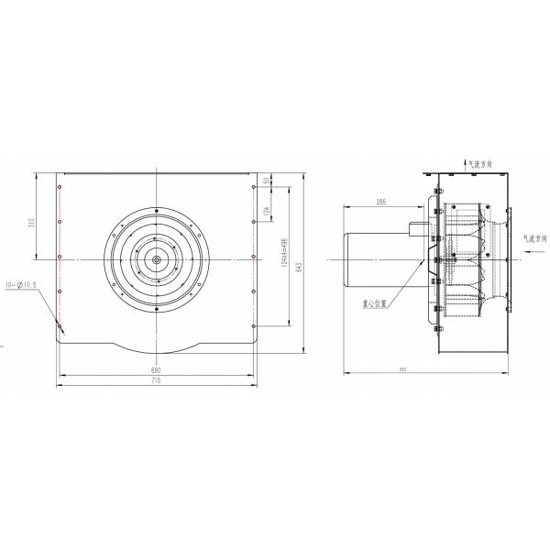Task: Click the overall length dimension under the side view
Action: pyautogui.click(x=427, y=368)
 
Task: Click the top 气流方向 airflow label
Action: pyautogui.click(x=479, y=164)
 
